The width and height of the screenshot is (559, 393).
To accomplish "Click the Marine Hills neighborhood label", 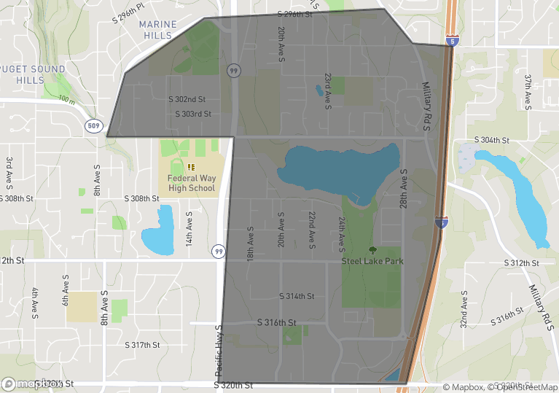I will pyautogui.click(x=157, y=29).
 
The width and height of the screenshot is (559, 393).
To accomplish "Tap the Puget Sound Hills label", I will pyautogui.click(x=32, y=74).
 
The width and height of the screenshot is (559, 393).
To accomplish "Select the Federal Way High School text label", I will pyautogui.click(x=192, y=182).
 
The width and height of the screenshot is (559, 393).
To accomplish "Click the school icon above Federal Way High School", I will pyautogui.click(x=192, y=167).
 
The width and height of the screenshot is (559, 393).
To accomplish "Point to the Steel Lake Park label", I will pyautogui.click(x=372, y=261).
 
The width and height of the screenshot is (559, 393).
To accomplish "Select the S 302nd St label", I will pyautogui.click(x=187, y=99).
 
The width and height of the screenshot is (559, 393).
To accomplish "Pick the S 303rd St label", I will pyautogui.click(x=193, y=114).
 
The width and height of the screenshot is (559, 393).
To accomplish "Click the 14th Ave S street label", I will pyautogui.click(x=188, y=228).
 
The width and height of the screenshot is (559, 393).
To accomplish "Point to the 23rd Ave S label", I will pyautogui.click(x=328, y=91).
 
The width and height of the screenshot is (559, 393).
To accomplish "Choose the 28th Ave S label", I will pyautogui.click(x=402, y=192).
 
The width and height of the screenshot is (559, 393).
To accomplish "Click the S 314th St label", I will pyautogui.click(x=297, y=296).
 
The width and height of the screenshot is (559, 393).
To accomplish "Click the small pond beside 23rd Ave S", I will pyautogui.click(x=319, y=91).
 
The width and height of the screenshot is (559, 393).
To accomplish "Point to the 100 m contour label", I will pyautogui.click(x=66, y=99).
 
